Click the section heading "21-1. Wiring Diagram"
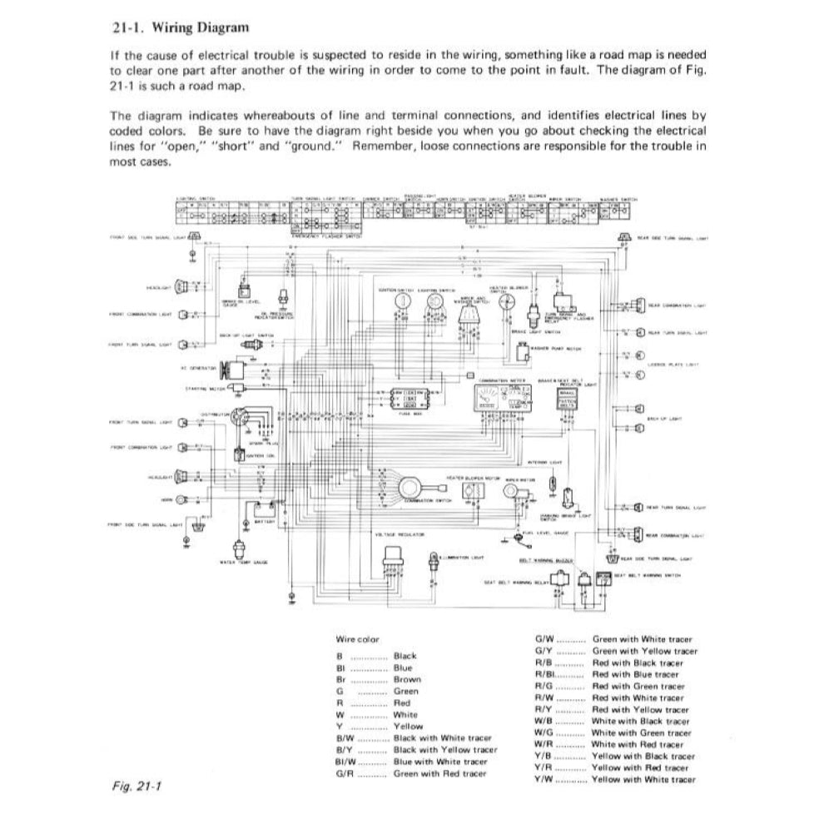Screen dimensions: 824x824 tap(180, 28)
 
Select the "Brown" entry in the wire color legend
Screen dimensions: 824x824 tap(407, 679)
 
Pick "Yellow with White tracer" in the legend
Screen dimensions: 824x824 tap(643, 779)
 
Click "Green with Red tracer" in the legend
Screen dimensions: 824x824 tap(440, 773)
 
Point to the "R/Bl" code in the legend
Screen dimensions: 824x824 tap(544, 674)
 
